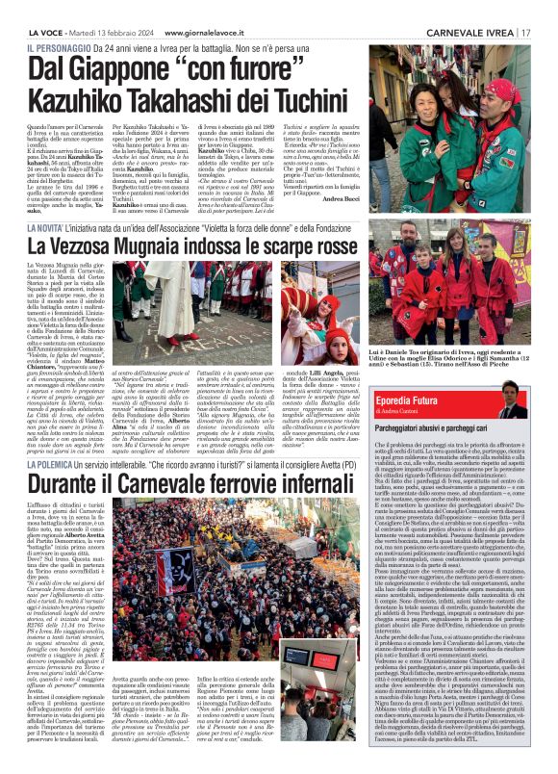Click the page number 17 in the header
click(x=527, y=32)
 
